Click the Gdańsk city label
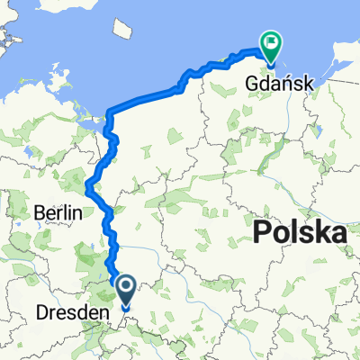[x=278, y=84]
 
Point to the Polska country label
[x=300, y=234]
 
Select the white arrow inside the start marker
[x=124, y=289]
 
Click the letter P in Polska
[x=262, y=234]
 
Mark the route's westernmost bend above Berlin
[x=86, y=186]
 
